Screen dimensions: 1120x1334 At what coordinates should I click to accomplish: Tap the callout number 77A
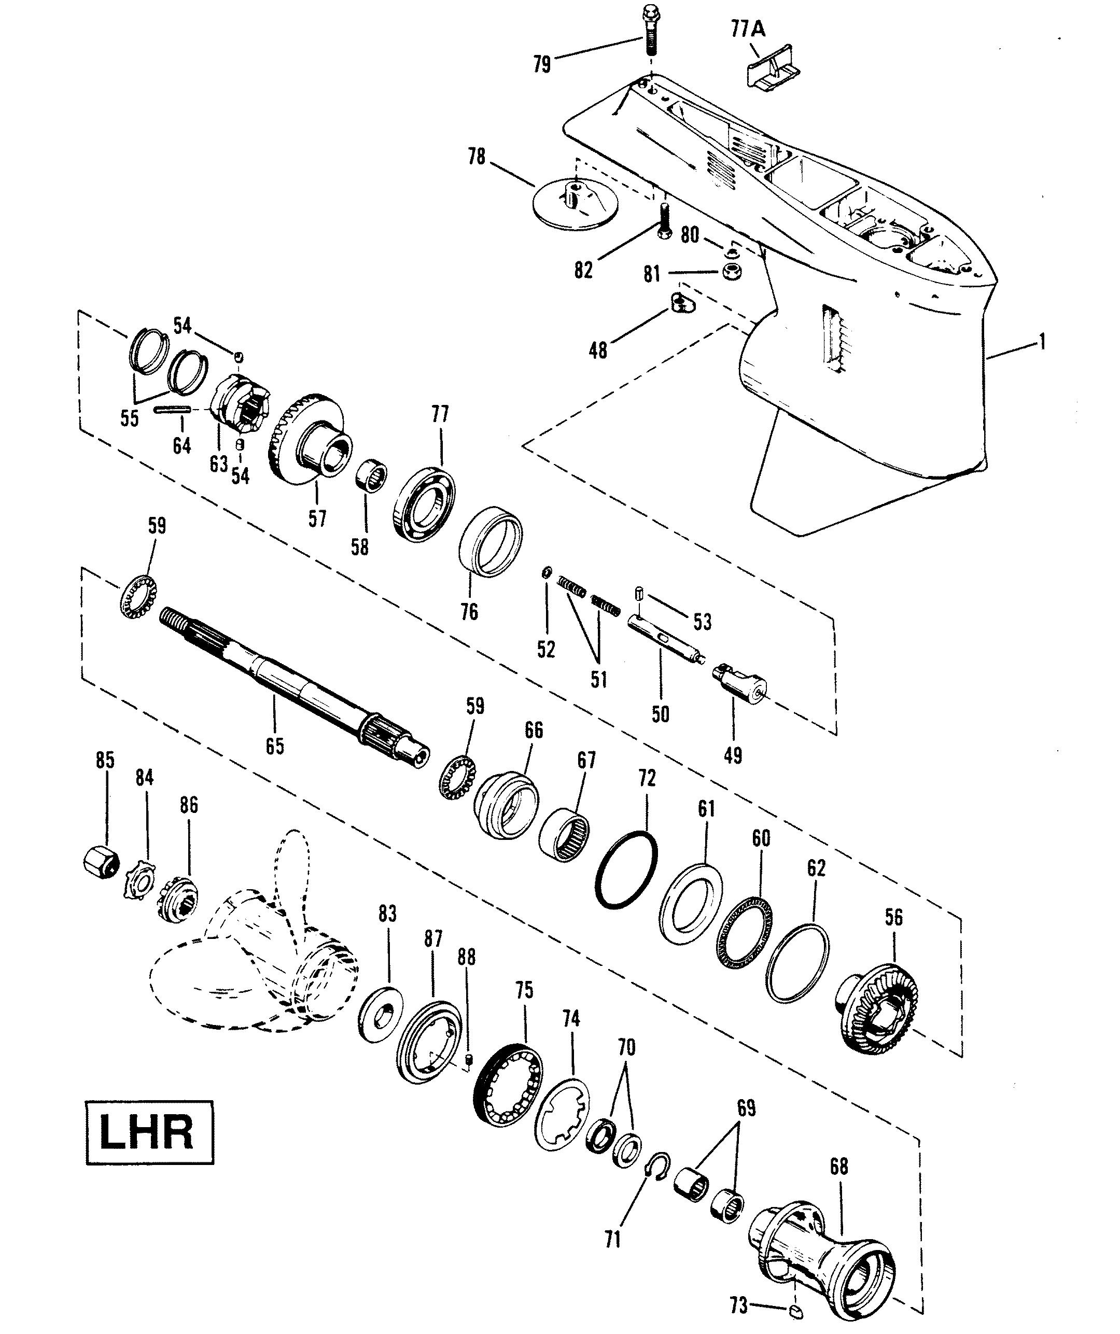click(x=748, y=30)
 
